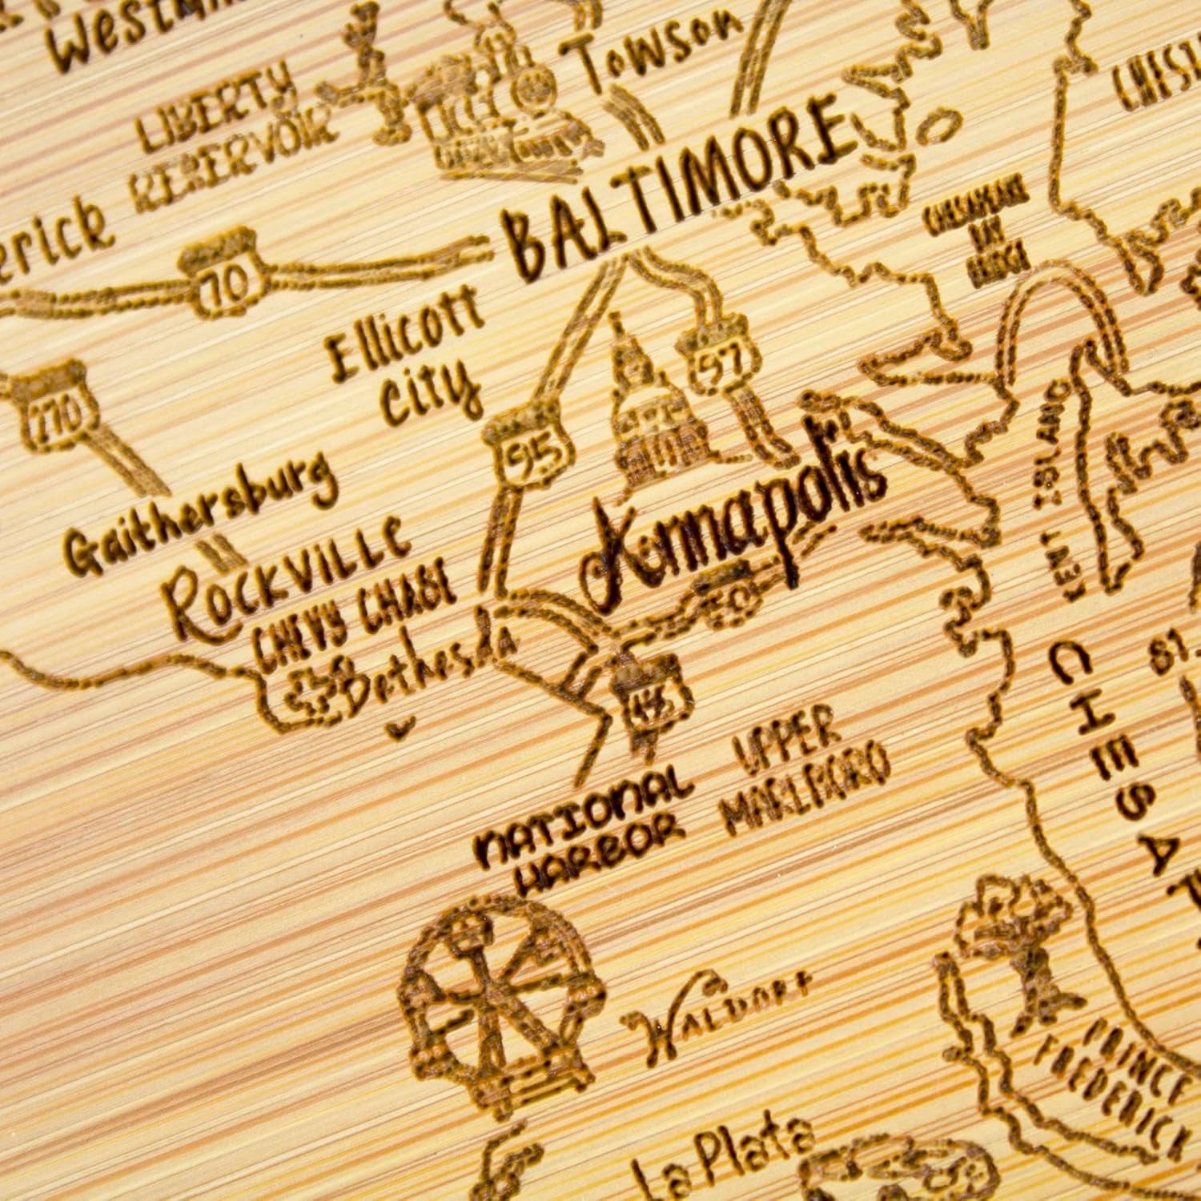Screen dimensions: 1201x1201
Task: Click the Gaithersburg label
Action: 200,516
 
